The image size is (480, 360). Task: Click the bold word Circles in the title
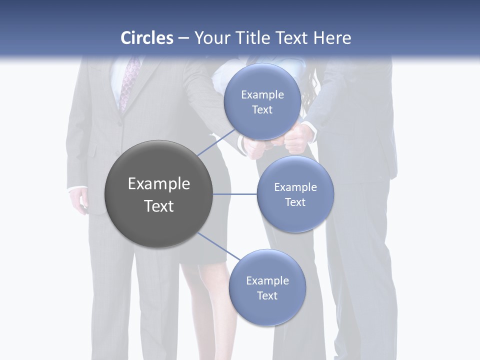coord(147,38)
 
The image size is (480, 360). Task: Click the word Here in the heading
coord(332,38)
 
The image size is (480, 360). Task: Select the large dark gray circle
coord(158,194)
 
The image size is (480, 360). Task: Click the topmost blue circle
coord(262,102)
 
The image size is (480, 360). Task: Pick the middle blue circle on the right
coord(295,194)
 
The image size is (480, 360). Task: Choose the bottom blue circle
coord(267,287)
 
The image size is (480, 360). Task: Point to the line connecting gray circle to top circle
coord(216,143)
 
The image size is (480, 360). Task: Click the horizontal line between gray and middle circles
coord(235,194)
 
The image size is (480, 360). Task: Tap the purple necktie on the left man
coord(128,82)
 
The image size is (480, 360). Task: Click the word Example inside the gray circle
coord(158,184)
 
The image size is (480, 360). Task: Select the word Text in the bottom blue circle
coord(267,295)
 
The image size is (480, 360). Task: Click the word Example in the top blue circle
coord(262,94)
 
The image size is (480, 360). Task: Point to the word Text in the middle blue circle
coord(295,202)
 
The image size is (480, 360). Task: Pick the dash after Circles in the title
coord(183,38)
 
